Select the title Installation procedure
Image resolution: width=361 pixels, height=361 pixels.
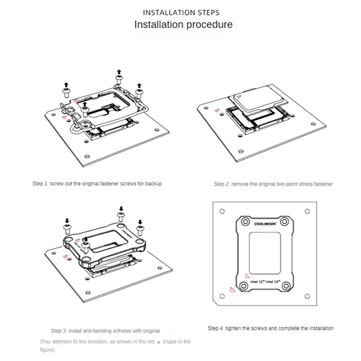coord(184,24)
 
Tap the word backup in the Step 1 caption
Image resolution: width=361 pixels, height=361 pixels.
coord(152,184)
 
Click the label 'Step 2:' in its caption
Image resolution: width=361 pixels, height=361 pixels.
coord(222,184)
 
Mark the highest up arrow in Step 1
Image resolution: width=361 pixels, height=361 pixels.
coord(119,72)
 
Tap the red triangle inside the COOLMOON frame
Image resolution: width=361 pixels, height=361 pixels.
coord(247,274)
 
